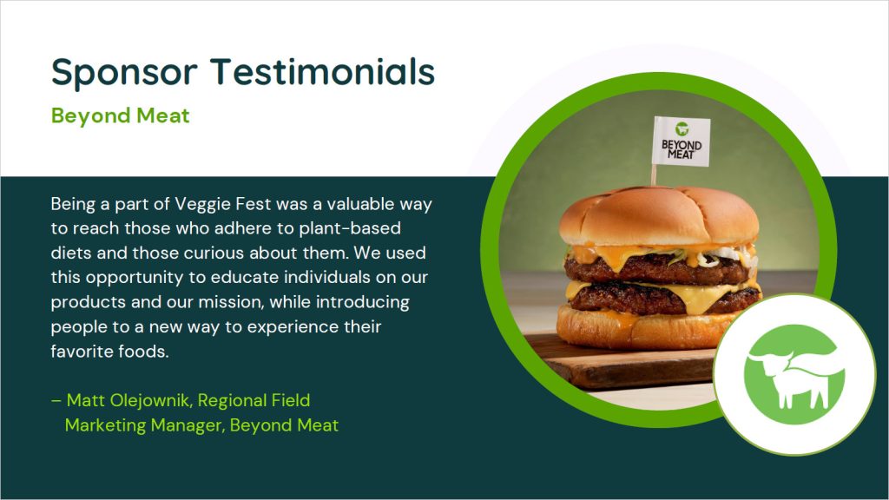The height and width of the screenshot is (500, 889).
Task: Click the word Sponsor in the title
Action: coord(125,73)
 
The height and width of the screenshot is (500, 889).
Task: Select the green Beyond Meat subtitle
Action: coord(120,116)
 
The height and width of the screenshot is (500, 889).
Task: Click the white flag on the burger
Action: coord(681,141)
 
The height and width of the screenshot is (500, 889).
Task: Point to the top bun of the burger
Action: coord(659,215)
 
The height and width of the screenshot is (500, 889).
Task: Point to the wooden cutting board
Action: coord(618,363)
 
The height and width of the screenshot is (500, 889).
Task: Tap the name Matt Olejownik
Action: coord(128,401)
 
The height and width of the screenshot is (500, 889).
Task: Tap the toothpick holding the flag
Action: coord(654,175)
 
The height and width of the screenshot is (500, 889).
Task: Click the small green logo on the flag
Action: coord(682,128)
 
